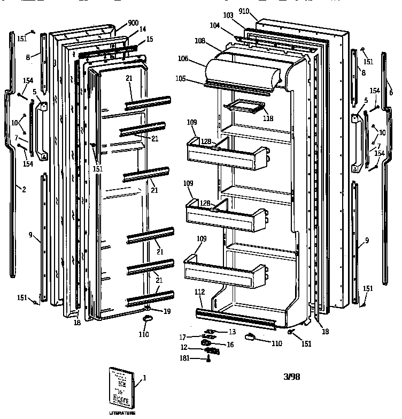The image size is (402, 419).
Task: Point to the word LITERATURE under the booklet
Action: point(122,413)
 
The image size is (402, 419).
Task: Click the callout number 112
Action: point(199,292)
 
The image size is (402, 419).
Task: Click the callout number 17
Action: point(182,338)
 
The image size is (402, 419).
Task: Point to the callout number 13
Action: point(231,332)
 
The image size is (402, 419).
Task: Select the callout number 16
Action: point(230,345)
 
